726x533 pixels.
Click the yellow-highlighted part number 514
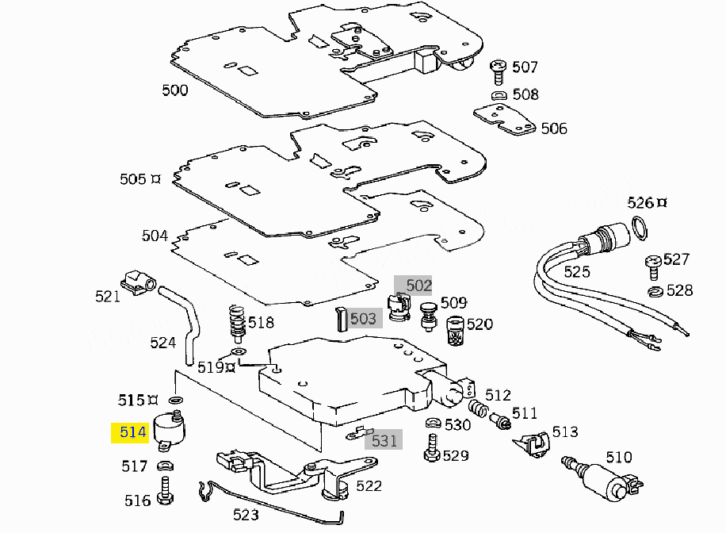point(132,432)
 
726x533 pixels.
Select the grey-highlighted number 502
point(418,286)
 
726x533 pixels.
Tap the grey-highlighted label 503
point(362,319)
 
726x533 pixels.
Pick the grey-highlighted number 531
point(384,441)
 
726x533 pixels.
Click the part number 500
point(175,90)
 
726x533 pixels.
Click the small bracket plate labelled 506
point(505,120)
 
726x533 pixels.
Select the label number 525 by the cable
point(577,272)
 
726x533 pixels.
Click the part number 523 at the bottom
point(246,515)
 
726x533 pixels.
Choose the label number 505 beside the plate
point(133,179)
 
